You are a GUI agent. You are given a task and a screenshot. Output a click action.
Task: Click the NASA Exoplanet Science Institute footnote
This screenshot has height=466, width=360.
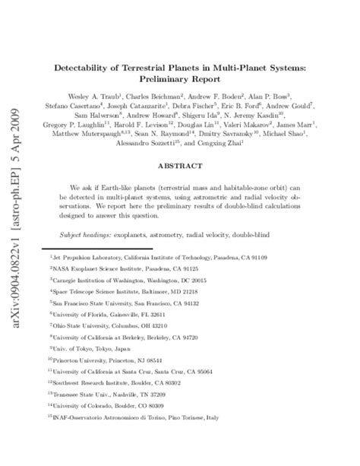click(x=125, y=268)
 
